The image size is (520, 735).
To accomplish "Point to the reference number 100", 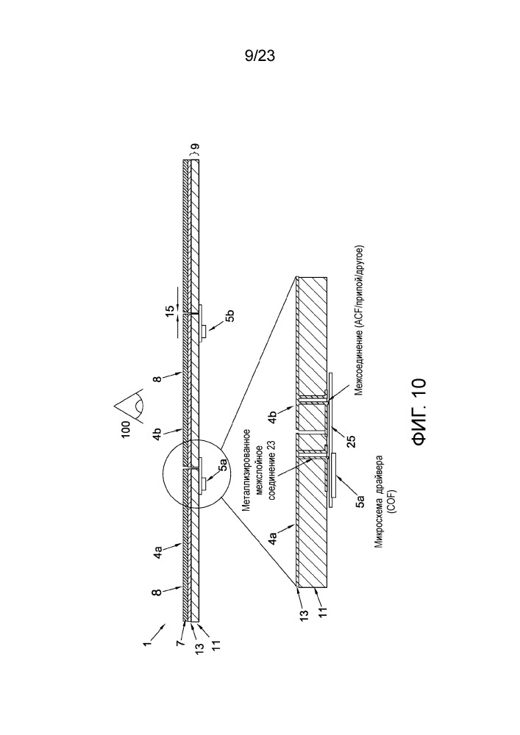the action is coord(126,430).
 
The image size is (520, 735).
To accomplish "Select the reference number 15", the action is coord(170,311).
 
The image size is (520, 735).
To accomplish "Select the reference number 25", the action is coord(351,442).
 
